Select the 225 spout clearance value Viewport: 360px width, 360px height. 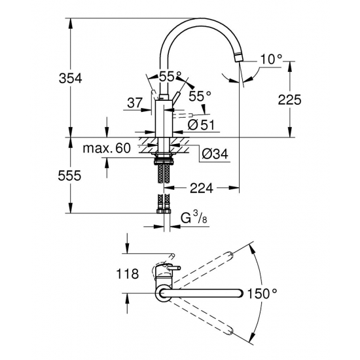(x=289, y=99)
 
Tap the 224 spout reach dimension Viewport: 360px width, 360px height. (x=202, y=189)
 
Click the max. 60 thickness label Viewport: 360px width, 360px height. (x=107, y=149)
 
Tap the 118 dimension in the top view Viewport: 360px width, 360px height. (x=128, y=274)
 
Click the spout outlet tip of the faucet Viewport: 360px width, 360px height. (x=240, y=57)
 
